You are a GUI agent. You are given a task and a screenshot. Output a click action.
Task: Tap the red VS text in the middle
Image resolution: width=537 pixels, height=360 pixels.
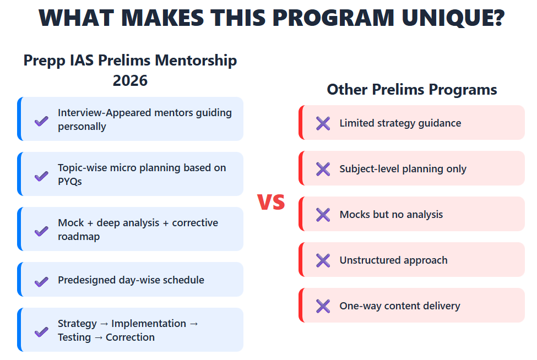tap(271, 202)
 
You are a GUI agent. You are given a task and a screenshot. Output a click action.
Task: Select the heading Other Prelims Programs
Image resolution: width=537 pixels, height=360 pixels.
tap(411, 89)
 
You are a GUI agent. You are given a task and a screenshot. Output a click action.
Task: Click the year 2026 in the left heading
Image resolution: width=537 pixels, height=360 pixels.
tap(130, 81)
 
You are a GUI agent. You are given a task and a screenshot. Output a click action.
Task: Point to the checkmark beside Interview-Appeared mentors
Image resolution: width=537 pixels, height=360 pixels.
tap(41, 121)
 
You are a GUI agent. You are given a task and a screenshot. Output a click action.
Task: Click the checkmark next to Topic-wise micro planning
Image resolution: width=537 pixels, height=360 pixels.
tap(41, 176)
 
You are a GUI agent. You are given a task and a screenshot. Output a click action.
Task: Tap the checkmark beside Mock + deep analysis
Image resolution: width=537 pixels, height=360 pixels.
tap(41, 231)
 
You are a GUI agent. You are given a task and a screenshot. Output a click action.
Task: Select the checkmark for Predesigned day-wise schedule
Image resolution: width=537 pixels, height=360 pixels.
tap(41, 281)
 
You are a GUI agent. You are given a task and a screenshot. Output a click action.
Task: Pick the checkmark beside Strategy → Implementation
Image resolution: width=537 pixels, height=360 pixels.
tap(41, 331)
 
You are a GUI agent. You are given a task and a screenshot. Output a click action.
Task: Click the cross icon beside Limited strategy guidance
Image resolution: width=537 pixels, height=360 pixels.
tap(323, 123)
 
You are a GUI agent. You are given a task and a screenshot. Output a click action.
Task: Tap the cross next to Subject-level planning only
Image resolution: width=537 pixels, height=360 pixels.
tap(323, 169)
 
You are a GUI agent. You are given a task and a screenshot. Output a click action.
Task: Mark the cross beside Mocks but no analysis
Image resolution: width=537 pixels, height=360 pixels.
tap(323, 215)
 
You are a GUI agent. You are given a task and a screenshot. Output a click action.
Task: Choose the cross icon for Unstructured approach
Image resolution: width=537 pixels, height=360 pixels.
tap(323, 260)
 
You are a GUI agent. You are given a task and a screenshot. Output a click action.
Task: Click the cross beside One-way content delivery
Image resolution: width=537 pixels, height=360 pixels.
tap(323, 306)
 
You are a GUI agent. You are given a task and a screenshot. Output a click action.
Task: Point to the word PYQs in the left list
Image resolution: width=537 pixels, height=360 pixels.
tap(70, 182)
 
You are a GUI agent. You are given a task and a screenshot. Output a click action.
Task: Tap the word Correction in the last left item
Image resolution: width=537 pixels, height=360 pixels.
tap(130, 337)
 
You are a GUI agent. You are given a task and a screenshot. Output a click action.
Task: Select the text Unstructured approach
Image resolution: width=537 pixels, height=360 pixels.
tap(393, 260)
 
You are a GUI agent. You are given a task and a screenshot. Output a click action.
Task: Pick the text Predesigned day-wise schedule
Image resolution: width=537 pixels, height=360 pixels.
tap(131, 280)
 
